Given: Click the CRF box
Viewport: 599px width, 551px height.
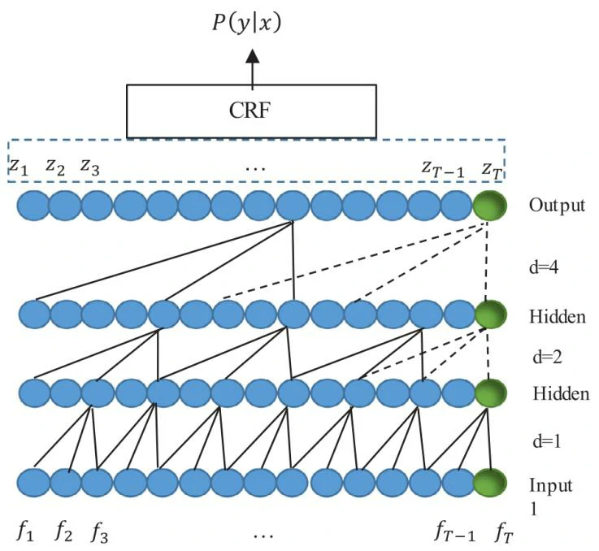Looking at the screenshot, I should (x=252, y=111).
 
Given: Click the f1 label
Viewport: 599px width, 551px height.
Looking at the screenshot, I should (x=25, y=532).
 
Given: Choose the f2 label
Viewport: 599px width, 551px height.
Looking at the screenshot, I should (x=63, y=532).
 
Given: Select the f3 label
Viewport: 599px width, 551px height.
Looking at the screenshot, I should (x=98, y=532).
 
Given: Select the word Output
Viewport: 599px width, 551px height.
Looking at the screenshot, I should (x=556, y=205).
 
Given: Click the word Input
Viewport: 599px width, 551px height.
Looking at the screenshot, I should (x=551, y=486).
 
